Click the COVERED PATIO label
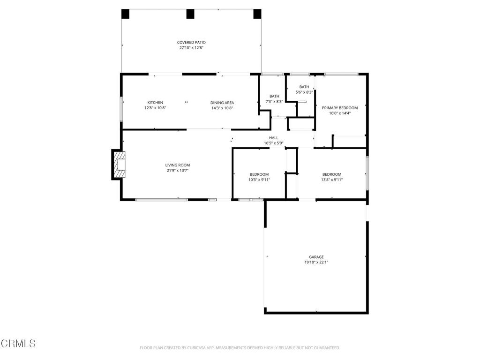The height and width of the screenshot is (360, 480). coord(191,42)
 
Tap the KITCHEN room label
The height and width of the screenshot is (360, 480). coord(155,103)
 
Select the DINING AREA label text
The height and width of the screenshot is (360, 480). coord(222,103)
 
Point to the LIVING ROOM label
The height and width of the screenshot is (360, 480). coord(178,165)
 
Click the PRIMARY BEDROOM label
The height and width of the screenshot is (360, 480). coord(340,108)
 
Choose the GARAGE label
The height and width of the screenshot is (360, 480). coord(316,257)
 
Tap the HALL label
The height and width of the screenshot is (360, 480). coord(274,138)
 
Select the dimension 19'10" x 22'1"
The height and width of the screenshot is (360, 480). coord(316,262)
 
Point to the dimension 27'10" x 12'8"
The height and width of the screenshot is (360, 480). coord(191,48)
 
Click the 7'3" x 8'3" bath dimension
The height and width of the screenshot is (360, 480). coord(274,101)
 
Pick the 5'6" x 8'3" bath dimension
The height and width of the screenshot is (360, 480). coord(304,92)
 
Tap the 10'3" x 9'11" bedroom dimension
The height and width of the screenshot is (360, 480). coord(259,180)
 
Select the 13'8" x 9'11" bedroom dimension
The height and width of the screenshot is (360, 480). coord(332,180)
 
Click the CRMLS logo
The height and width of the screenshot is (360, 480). coord(18,343)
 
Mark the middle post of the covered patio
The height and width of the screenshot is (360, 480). coord(190,14)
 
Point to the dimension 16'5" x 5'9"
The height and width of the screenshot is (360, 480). coord(274,143)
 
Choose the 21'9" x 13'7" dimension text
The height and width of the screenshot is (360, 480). coord(178,171)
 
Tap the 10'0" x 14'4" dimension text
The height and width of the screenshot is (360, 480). coord(340,113)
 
